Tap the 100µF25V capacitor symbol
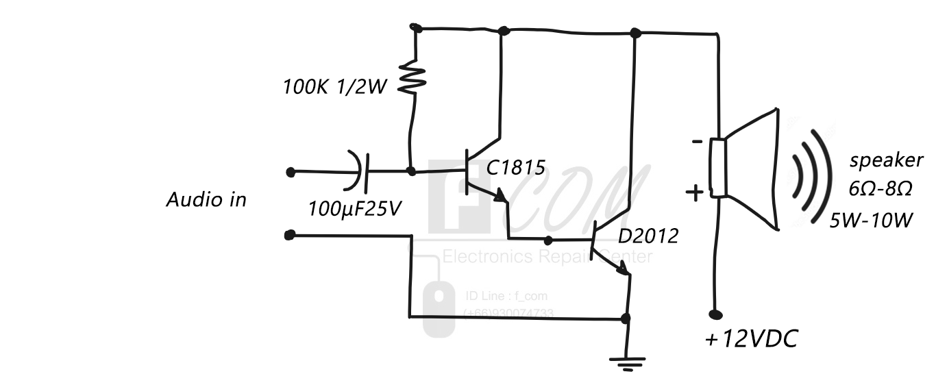(x=360, y=171)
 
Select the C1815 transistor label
(x=516, y=167)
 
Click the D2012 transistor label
(x=648, y=236)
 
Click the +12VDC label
(x=752, y=339)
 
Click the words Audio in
(x=206, y=200)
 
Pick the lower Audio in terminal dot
(x=289, y=235)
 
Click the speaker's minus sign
(x=697, y=142)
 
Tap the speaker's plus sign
(x=695, y=193)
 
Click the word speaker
(x=886, y=161)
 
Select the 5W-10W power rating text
(x=872, y=220)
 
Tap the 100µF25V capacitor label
(x=354, y=209)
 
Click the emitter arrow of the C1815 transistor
(x=500, y=197)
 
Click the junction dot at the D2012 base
(x=548, y=240)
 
